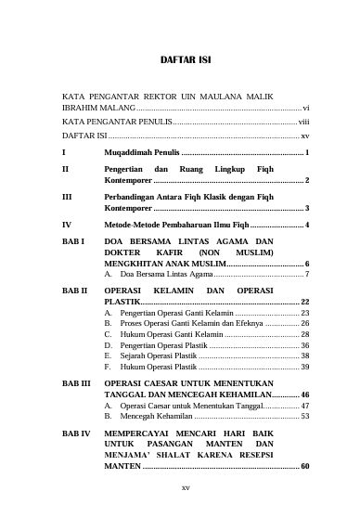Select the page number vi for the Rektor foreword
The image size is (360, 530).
(305, 109)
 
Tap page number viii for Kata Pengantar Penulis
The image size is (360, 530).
(303, 122)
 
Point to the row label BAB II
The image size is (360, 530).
(74, 291)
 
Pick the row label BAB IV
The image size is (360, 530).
(75, 433)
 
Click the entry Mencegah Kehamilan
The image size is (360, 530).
(150, 417)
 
